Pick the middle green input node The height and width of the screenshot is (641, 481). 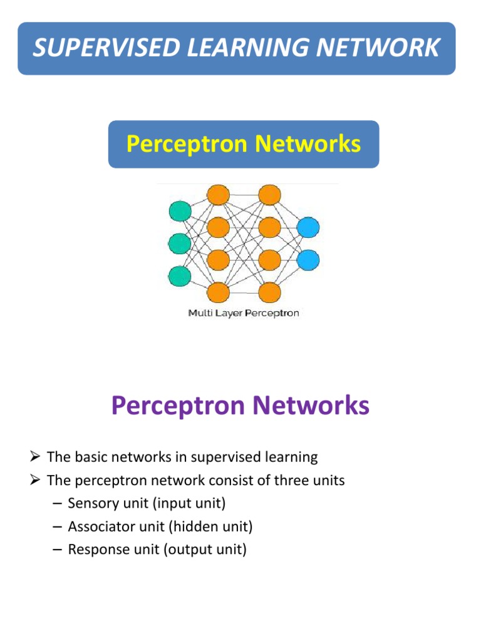180,243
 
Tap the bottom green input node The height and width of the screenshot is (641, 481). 180,275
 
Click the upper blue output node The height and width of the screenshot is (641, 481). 308,227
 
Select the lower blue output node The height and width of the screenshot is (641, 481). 308,259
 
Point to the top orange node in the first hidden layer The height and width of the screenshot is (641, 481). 218,195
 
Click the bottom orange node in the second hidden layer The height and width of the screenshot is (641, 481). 269,292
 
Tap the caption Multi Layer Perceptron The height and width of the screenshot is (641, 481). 244,313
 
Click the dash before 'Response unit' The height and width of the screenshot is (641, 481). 58,550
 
